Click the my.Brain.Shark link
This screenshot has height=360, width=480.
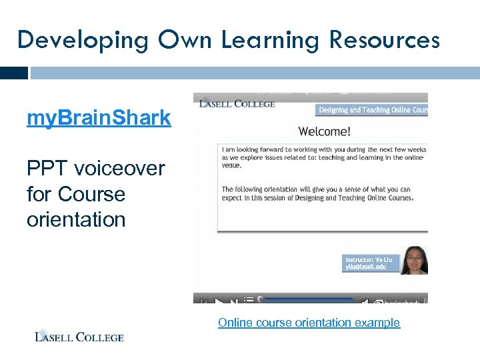[99, 119]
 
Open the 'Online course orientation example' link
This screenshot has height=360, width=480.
[309, 323]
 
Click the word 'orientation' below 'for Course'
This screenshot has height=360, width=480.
[76, 219]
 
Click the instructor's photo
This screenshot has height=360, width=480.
[414, 260]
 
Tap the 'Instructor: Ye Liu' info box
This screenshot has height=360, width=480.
[371, 262]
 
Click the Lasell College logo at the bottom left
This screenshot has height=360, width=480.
[79, 336]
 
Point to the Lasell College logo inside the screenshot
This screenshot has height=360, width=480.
[234, 103]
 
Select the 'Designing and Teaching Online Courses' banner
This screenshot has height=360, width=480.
[371, 110]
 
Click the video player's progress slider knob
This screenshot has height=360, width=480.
[261, 299]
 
